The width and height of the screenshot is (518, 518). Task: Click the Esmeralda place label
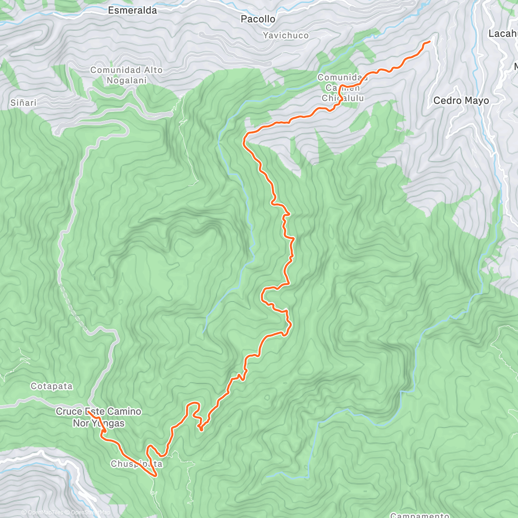132,10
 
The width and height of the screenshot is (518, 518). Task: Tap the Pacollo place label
258,19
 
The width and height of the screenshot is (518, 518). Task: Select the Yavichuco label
286,35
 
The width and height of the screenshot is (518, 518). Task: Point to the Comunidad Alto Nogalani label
126,75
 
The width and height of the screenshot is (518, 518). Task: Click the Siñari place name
23,103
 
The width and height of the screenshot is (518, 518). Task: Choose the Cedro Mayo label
461,101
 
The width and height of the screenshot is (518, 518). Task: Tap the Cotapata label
51,386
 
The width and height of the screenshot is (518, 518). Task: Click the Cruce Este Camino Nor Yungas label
98,417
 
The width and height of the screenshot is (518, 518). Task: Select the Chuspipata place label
136,464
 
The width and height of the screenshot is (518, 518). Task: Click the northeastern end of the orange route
430,41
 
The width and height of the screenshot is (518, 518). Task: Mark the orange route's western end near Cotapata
88,412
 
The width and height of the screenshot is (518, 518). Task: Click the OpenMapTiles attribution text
45,513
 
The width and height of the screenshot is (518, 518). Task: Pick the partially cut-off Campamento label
419,515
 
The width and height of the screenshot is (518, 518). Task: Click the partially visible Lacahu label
503,33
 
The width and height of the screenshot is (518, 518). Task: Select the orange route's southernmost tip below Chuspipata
155,476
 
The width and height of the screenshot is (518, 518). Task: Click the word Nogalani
126,80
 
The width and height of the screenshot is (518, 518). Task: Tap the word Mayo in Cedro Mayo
477,101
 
